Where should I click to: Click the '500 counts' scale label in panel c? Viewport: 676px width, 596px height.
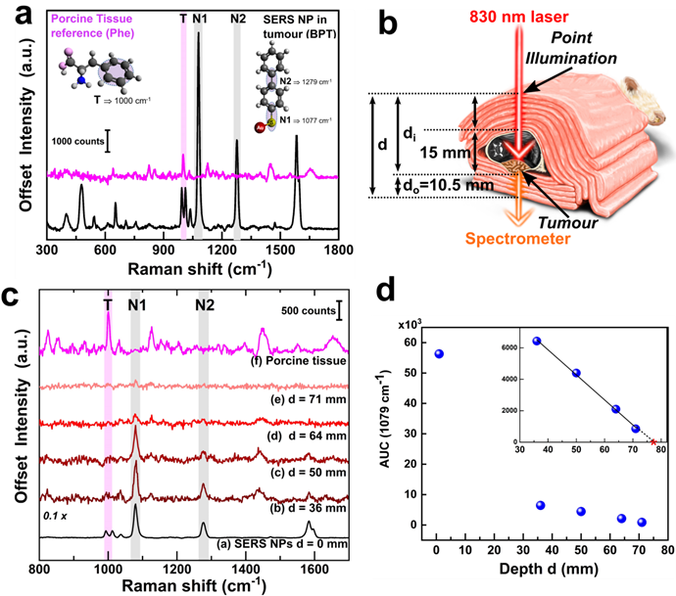(304, 312)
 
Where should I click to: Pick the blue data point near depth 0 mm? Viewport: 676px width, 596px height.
(439, 353)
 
